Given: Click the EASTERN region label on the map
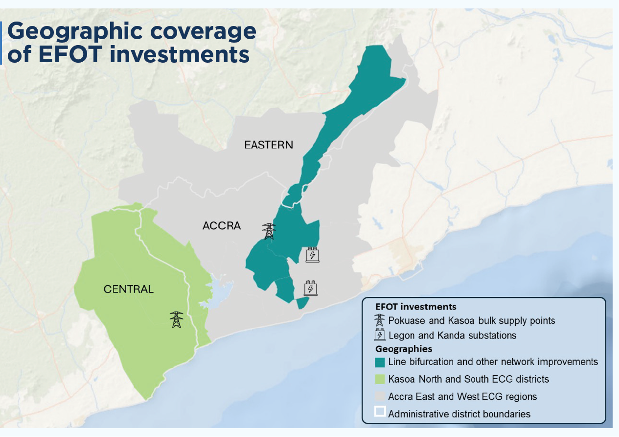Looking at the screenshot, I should point(269,145).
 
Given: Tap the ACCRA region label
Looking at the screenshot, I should point(222,226).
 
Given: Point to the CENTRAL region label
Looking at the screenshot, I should point(128,289).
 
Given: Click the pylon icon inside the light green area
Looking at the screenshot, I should point(176,319).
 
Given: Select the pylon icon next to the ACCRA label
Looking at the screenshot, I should point(269,231).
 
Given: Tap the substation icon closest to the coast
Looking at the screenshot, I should point(310,288).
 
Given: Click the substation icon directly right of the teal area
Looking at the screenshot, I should point(312,255).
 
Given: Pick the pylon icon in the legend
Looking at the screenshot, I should point(379,320).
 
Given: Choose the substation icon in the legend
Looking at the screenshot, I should point(380,336).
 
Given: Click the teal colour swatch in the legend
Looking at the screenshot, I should point(380,362).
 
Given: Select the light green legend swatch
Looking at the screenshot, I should point(380,379).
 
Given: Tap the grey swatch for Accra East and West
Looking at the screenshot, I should point(380,396).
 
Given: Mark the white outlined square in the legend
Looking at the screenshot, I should point(380,413).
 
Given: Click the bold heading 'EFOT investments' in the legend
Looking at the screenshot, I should point(415,307).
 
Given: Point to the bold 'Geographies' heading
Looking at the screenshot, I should point(403,349).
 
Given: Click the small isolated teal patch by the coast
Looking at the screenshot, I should point(303,303).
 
